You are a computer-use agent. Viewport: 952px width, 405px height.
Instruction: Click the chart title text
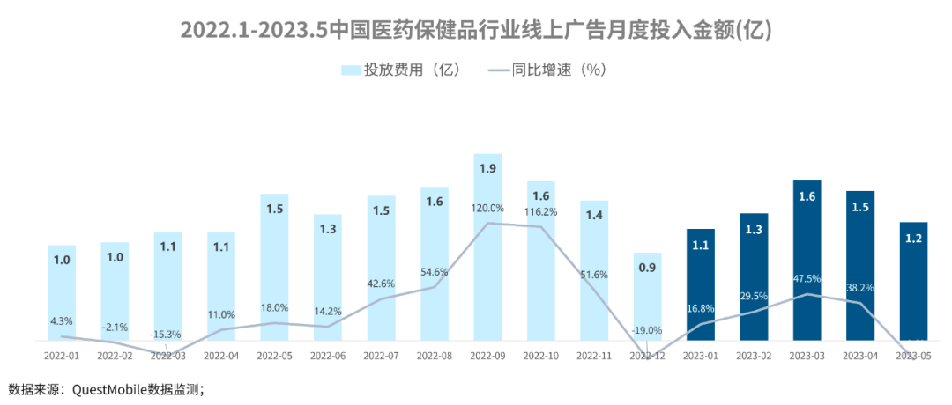476,30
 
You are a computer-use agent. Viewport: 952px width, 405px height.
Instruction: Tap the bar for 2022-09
487,247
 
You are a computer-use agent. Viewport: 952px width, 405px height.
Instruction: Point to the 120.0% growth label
487,209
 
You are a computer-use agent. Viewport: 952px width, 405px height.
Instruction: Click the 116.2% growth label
540,212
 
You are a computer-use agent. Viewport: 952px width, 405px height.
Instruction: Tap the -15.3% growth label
168,335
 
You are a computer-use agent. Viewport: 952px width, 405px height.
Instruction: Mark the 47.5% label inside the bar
807,279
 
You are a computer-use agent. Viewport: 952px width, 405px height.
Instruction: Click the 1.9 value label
487,168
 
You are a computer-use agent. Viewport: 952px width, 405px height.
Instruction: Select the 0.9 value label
647,268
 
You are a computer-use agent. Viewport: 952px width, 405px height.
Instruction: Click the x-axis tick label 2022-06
328,357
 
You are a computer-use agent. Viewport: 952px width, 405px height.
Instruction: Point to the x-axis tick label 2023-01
701,357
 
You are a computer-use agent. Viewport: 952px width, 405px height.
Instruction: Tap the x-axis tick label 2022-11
594,357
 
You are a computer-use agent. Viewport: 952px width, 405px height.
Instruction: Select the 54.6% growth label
435,272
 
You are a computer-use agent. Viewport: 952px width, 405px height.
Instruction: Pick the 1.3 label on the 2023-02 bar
754,230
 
